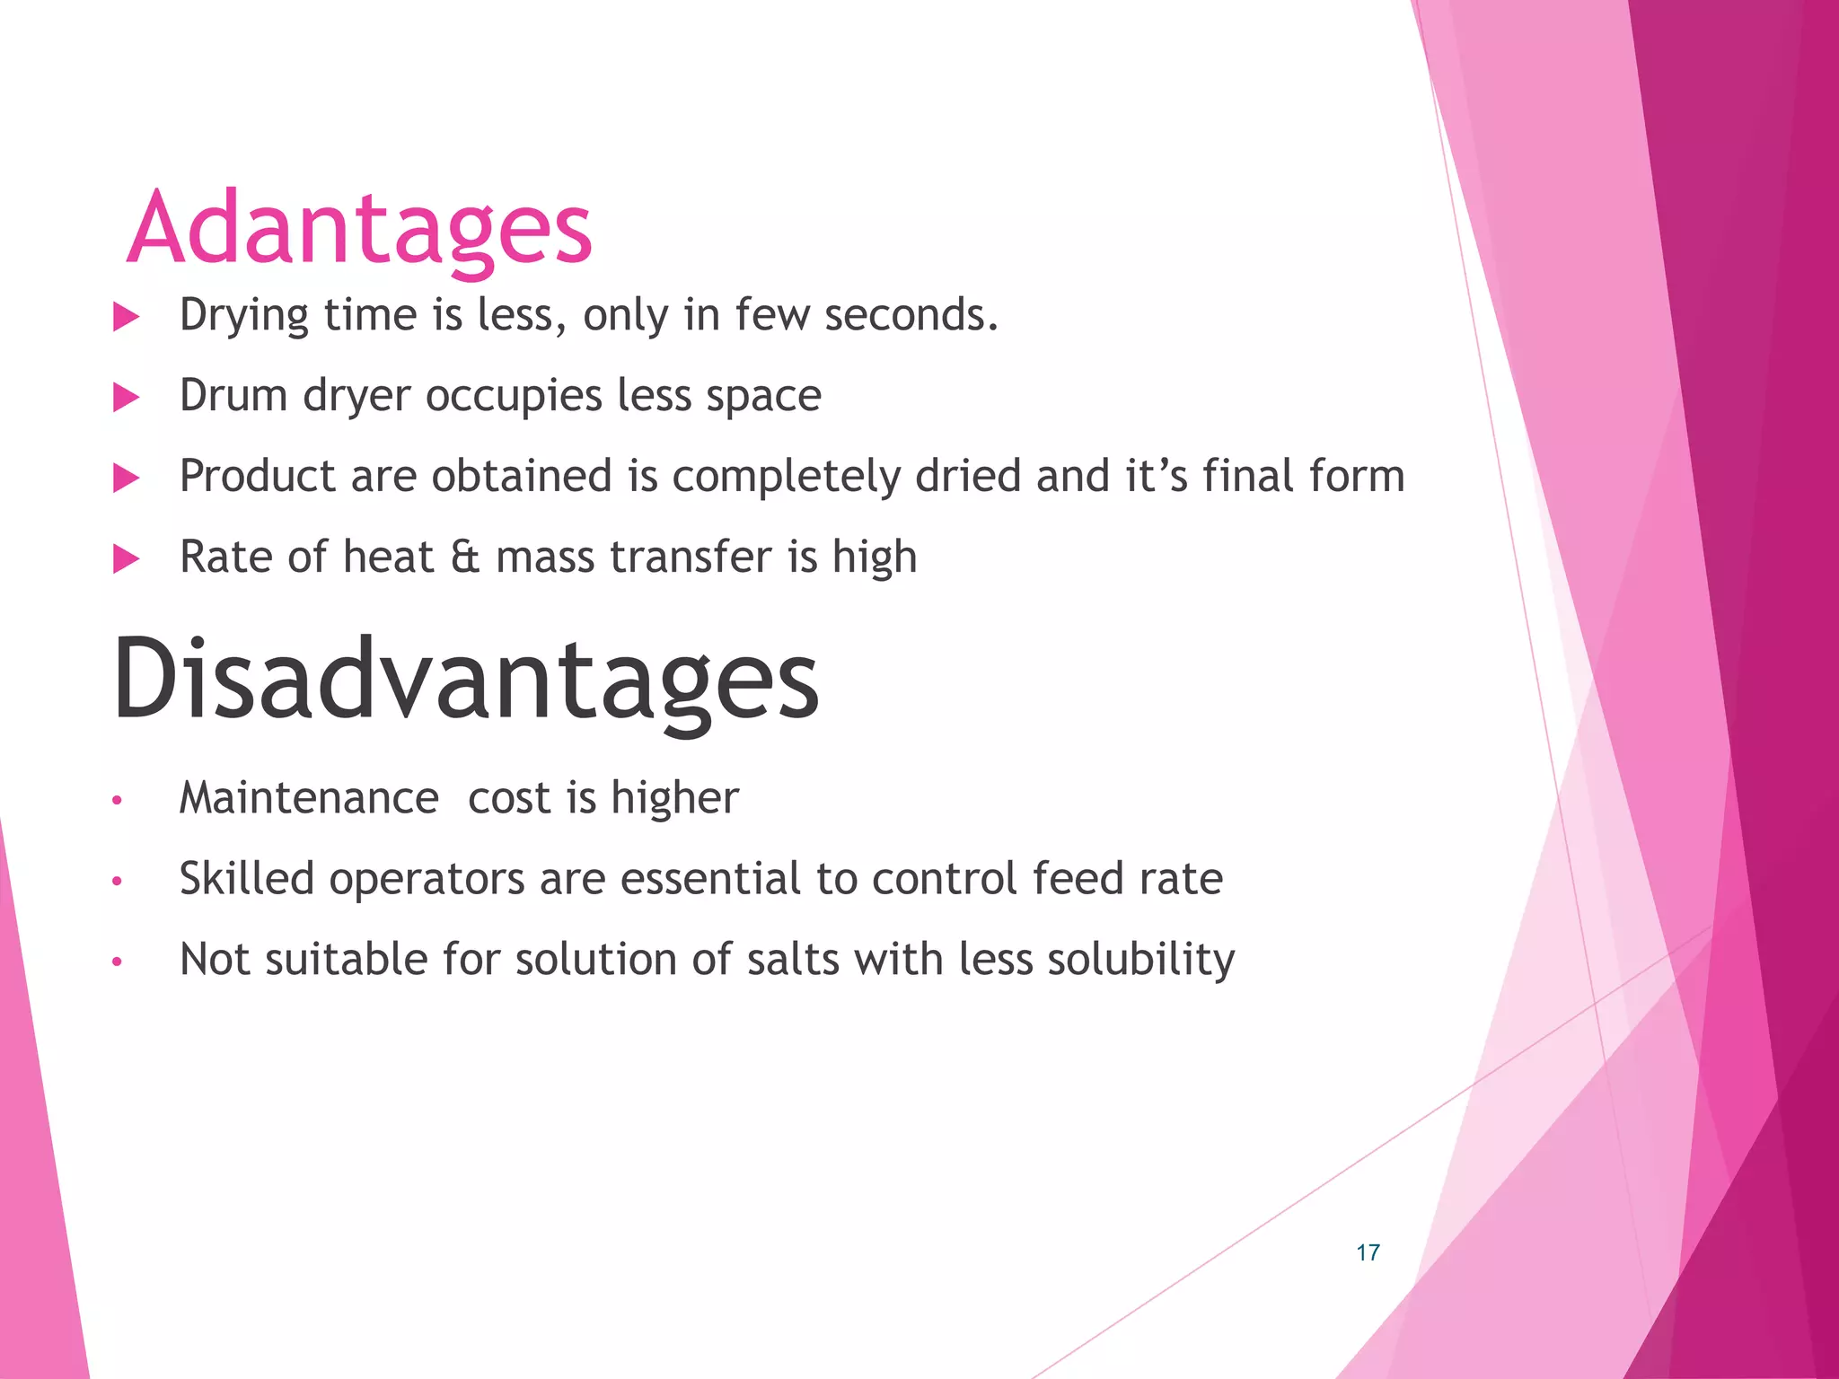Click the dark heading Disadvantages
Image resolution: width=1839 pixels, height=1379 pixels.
click(x=465, y=680)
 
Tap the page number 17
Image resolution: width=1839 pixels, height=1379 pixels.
click(x=1368, y=1252)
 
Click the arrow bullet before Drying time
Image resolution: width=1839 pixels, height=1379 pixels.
click(x=127, y=317)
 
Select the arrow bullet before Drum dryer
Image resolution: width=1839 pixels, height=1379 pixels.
click(x=127, y=398)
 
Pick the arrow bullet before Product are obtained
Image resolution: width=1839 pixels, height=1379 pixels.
click(x=127, y=479)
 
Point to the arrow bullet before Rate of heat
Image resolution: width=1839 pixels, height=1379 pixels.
click(x=127, y=559)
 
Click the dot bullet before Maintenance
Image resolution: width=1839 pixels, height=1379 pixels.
click(x=117, y=800)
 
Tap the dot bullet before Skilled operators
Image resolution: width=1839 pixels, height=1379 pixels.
click(x=117, y=881)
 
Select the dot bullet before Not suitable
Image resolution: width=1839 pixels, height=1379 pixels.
click(x=117, y=962)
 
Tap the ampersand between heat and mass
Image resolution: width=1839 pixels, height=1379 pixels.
click(x=465, y=558)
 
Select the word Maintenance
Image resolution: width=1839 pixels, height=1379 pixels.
click(x=309, y=798)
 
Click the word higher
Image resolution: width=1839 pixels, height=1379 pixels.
click(x=674, y=798)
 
